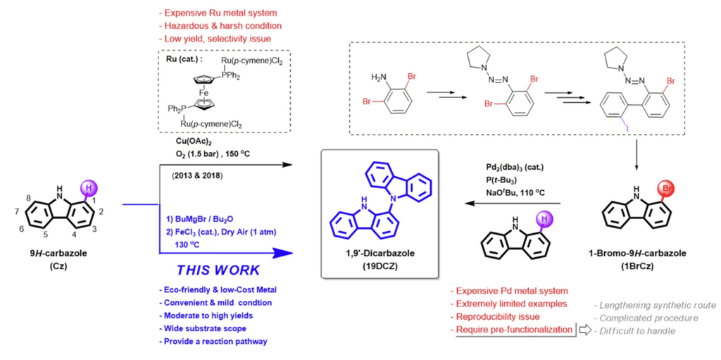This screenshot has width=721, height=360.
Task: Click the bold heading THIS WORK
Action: pos(218,270)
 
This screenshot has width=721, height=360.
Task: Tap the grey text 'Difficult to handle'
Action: pos(635,330)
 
